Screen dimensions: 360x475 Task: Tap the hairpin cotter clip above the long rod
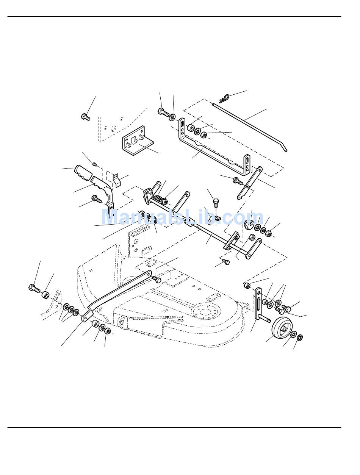coord(225,98)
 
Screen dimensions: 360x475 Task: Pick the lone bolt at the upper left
coord(86,116)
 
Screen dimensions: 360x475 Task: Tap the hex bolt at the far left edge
coord(34,289)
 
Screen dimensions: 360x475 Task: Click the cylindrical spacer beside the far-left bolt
coord(46,294)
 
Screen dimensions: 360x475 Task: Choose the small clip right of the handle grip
coord(117,180)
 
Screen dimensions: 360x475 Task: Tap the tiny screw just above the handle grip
coord(95,164)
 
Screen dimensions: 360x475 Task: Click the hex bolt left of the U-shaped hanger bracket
coord(162,111)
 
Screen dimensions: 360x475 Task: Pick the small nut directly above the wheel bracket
coord(247,285)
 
